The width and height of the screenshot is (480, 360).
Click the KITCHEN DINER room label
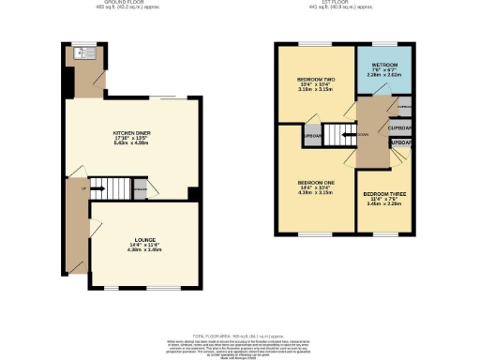tap(131, 134)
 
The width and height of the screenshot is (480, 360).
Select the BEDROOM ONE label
tap(316, 182)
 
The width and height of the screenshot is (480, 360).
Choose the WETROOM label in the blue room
tap(382, 64)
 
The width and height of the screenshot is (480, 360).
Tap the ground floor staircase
tap(103, 184)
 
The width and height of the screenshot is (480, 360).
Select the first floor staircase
tap(341, 134)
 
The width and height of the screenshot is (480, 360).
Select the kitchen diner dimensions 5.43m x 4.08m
tap(131, 144)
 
